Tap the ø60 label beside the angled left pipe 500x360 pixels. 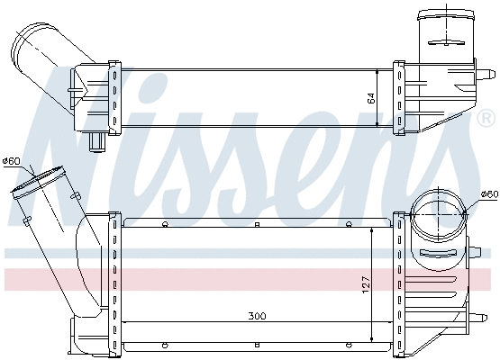click(12, 161)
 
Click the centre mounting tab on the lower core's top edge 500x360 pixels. click(257, 223)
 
